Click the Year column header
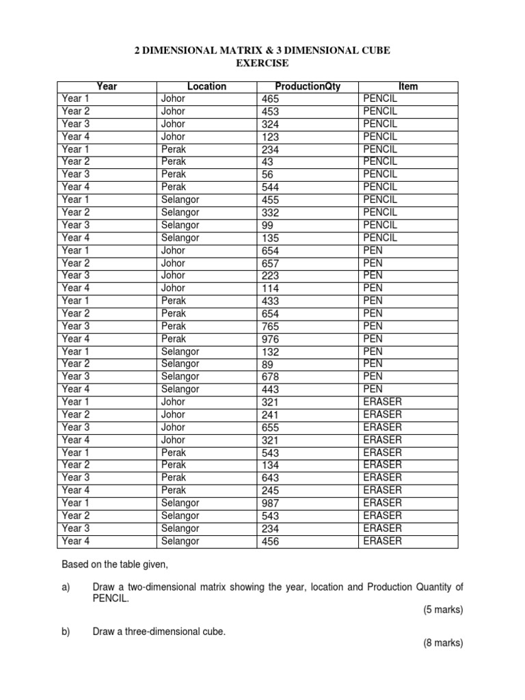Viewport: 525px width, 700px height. pyautogui.click(x=107, y=86)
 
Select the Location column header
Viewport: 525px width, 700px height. pyautogui.click(x=206, y=86)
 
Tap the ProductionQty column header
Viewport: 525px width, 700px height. pyautogui.click(x=307, y=86)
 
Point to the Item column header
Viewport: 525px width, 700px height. pyautogui.click(x=408, y=86)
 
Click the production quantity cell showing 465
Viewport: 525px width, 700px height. pyautogui.click(x=271, y=99)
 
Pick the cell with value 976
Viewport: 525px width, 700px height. pyautogui.click(x=271, y=339)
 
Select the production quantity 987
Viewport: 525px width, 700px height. pyautogui.click(x=271, y=504)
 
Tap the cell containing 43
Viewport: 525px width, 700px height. pyautogui.click(x=267, y=162)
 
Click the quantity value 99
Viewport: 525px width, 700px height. pyautogui.click(x=267, y=226)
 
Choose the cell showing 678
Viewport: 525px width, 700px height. pyautogui.click(x=271, y=377)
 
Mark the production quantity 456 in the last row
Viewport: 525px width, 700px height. pyautogui.click(x=271, y=542)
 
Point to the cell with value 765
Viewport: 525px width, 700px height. pyautogui.click(x=271, y=327)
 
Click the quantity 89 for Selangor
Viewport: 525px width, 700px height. pyautogui.click(x=267, y=364)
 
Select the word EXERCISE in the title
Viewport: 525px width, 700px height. pyautogui.click(x=262, y=64)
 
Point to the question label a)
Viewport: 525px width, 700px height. pyautogui.click(x=66, y=587)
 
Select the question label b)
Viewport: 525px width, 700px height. pyautogui.click(x=66, y=632)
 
